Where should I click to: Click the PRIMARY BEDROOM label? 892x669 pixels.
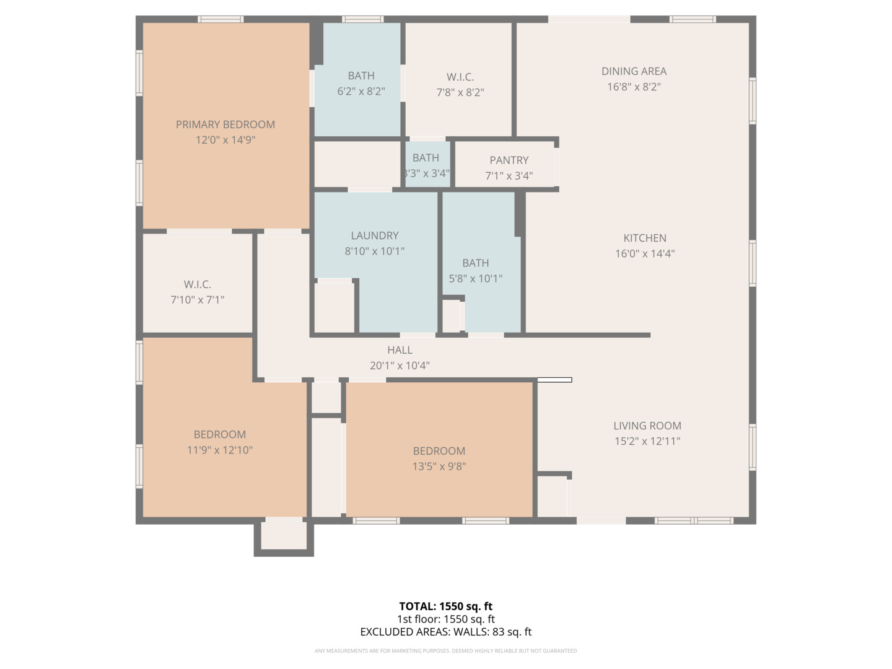pyautogui.click(x=225, y=125)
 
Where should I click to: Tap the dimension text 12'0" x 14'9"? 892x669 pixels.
pyautogui.click(x=225, y=140)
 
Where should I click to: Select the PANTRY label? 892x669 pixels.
pyautogui.click(x=509, y=160)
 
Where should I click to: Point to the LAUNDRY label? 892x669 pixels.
pyautogui.click(x=374, y=235)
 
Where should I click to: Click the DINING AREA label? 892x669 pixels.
pyautogui.click(x=634, y=71)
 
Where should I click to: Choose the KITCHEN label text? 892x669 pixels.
pyautogui.click(x=644, y=238)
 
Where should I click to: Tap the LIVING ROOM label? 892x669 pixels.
pyautogui.click(x=647, y=426)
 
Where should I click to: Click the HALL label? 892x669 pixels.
pyautogui.click(x=400, y=350)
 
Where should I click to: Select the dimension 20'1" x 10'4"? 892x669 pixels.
pyautogui.click(x=400, y=365)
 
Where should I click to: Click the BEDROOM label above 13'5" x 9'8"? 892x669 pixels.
pyautogui.click(x=439, y=451)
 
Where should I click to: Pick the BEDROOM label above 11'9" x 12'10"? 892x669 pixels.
pyautogui.click(x=219, y=434)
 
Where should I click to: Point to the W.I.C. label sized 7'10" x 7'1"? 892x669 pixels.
pyautogui.click(x=197, y=284)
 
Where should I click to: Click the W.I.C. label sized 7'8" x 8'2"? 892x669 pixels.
pyautogui.click(x=460, y=77)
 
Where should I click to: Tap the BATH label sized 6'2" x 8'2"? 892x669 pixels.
pyautogui.click(x=361, y=76)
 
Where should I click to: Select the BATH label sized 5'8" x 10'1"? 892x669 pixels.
pyautogui.click(x=475, y=263)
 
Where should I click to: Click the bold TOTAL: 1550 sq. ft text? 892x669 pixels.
pyautogui.click(x=445, y=606)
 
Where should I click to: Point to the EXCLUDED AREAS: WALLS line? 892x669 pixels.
pyautogui.click(x=445, y=632)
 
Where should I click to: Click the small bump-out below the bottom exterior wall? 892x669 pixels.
pyautogui.click(x=284, y=536)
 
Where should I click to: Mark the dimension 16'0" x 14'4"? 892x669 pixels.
pyautogui.click(x=644, y=253)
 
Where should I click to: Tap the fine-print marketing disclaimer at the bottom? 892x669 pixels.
pyautogui.click(x=445, y=651)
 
